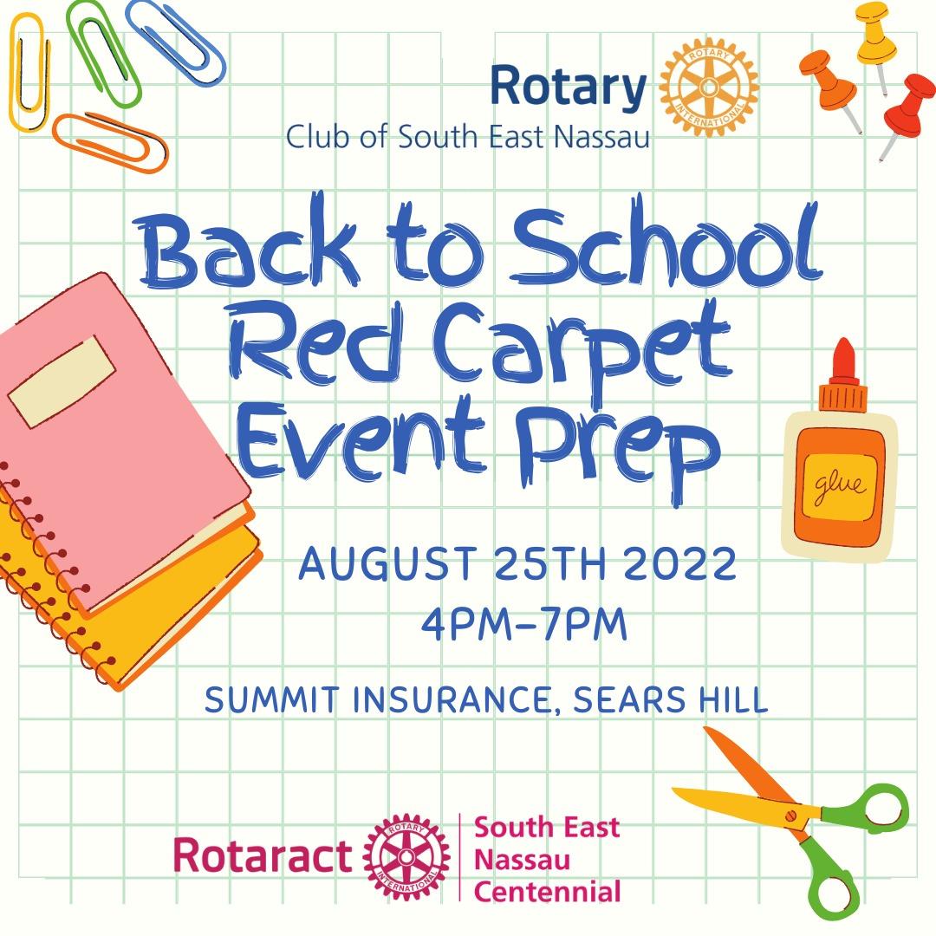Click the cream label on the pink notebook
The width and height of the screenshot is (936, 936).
[x=62, y=381]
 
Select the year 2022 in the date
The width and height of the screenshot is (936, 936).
[x=680, y=563]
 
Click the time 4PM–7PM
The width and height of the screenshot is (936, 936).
[x=524, y=624]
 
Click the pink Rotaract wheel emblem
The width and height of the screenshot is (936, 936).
[x=406, y=856]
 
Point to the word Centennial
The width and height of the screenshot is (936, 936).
[x=548, y=891]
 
